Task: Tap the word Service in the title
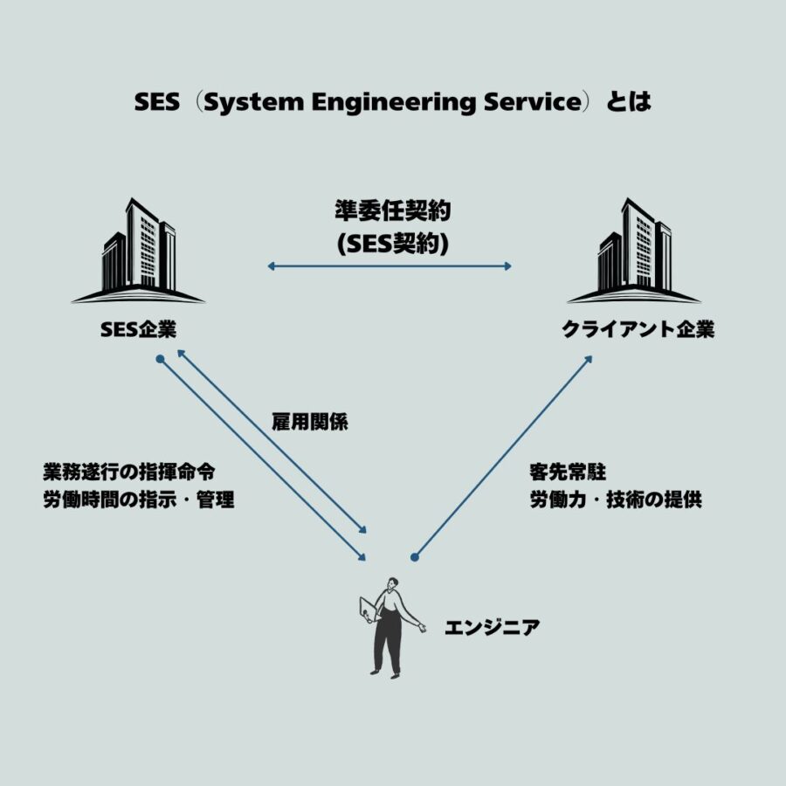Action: tap(533, 102)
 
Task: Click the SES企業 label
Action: tap(138, 329)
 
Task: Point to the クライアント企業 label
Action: tap(638, 329)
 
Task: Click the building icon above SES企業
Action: tap(138, 251)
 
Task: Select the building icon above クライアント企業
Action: tap(634, 251)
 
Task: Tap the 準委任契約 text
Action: tap(393, 210)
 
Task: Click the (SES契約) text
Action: tap(393, 244)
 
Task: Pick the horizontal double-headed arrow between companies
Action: tap(390, 265)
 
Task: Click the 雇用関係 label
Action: tap(310, 422)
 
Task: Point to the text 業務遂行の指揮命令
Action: tap(129, 472)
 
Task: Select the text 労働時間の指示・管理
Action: tap(139, 500)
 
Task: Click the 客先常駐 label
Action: tap(568, 472)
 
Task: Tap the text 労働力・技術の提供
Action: tap(616, 500)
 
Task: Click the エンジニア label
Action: tap(493, 627)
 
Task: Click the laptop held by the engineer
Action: tap(369, 609)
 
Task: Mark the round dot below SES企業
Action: tap(160, 359)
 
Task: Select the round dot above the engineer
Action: tap(414, 557)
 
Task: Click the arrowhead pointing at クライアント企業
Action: tap(589, 360)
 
